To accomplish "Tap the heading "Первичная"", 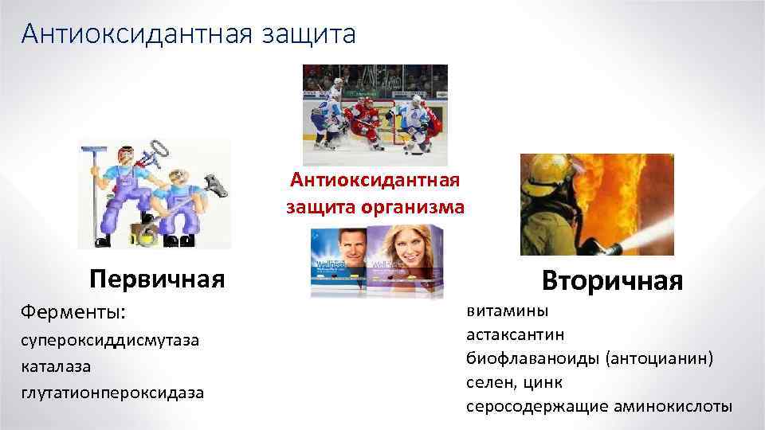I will click(x=157, y=279).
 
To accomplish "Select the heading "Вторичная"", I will click(x=612, y=280).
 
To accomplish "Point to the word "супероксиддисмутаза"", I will click(x=110, y=341).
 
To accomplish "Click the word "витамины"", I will click(x=507, y=311).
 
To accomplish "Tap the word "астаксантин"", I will click(x=516, y=335).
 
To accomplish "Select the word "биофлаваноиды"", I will click(x=533, y=358).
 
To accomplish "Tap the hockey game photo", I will click(x=375, y=107).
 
